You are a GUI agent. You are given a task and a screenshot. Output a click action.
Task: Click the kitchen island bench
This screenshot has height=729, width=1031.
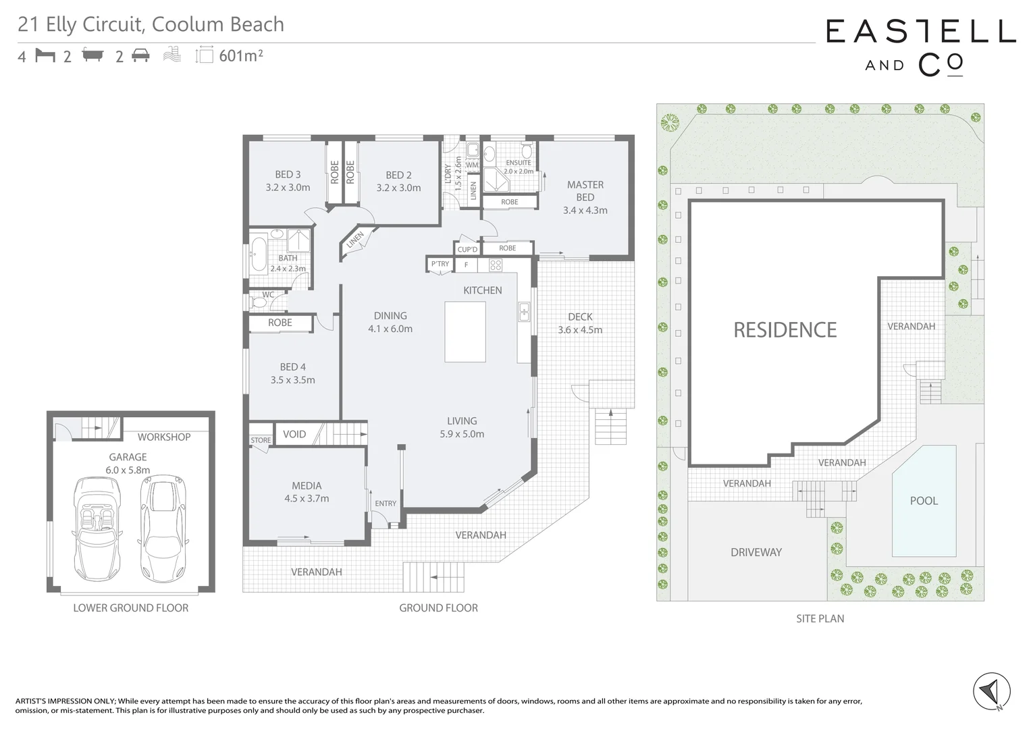[465, 331]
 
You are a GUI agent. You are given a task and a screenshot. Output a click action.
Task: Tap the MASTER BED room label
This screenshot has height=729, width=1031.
[585, 190]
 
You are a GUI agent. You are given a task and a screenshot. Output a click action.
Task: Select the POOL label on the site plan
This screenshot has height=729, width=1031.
[924, 501]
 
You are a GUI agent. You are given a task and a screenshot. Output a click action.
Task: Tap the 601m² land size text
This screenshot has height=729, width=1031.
[240, 56]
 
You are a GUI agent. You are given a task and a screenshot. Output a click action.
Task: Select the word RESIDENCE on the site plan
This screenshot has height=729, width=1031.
[785, 330]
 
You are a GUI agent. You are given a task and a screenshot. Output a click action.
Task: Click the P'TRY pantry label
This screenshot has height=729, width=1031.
[440, 264]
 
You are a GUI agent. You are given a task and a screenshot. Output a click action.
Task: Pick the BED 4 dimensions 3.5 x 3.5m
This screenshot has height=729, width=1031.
[292, 380]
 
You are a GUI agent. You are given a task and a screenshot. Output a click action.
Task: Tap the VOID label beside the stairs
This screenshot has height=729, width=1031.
[294, 434]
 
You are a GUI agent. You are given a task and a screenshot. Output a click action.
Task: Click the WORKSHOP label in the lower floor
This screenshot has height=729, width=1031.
[163, 437]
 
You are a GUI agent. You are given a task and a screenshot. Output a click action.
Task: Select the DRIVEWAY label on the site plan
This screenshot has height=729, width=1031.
[756, 552]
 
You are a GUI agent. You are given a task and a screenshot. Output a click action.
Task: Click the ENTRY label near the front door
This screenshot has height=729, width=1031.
[386, 504]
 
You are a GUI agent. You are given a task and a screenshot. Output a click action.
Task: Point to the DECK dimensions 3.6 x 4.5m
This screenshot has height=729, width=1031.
[579, 330]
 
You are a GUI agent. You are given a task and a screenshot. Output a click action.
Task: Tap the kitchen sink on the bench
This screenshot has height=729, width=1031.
[523, 312]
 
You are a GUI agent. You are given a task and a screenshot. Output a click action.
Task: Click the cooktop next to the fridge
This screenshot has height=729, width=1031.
[495, 265]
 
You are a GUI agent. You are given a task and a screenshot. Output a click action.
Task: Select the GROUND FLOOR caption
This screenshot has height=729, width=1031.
[438, 608]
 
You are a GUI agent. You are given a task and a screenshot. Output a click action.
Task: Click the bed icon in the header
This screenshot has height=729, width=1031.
[45, 55]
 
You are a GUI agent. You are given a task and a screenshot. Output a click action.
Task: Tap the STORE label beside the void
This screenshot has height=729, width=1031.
[261, 440]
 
